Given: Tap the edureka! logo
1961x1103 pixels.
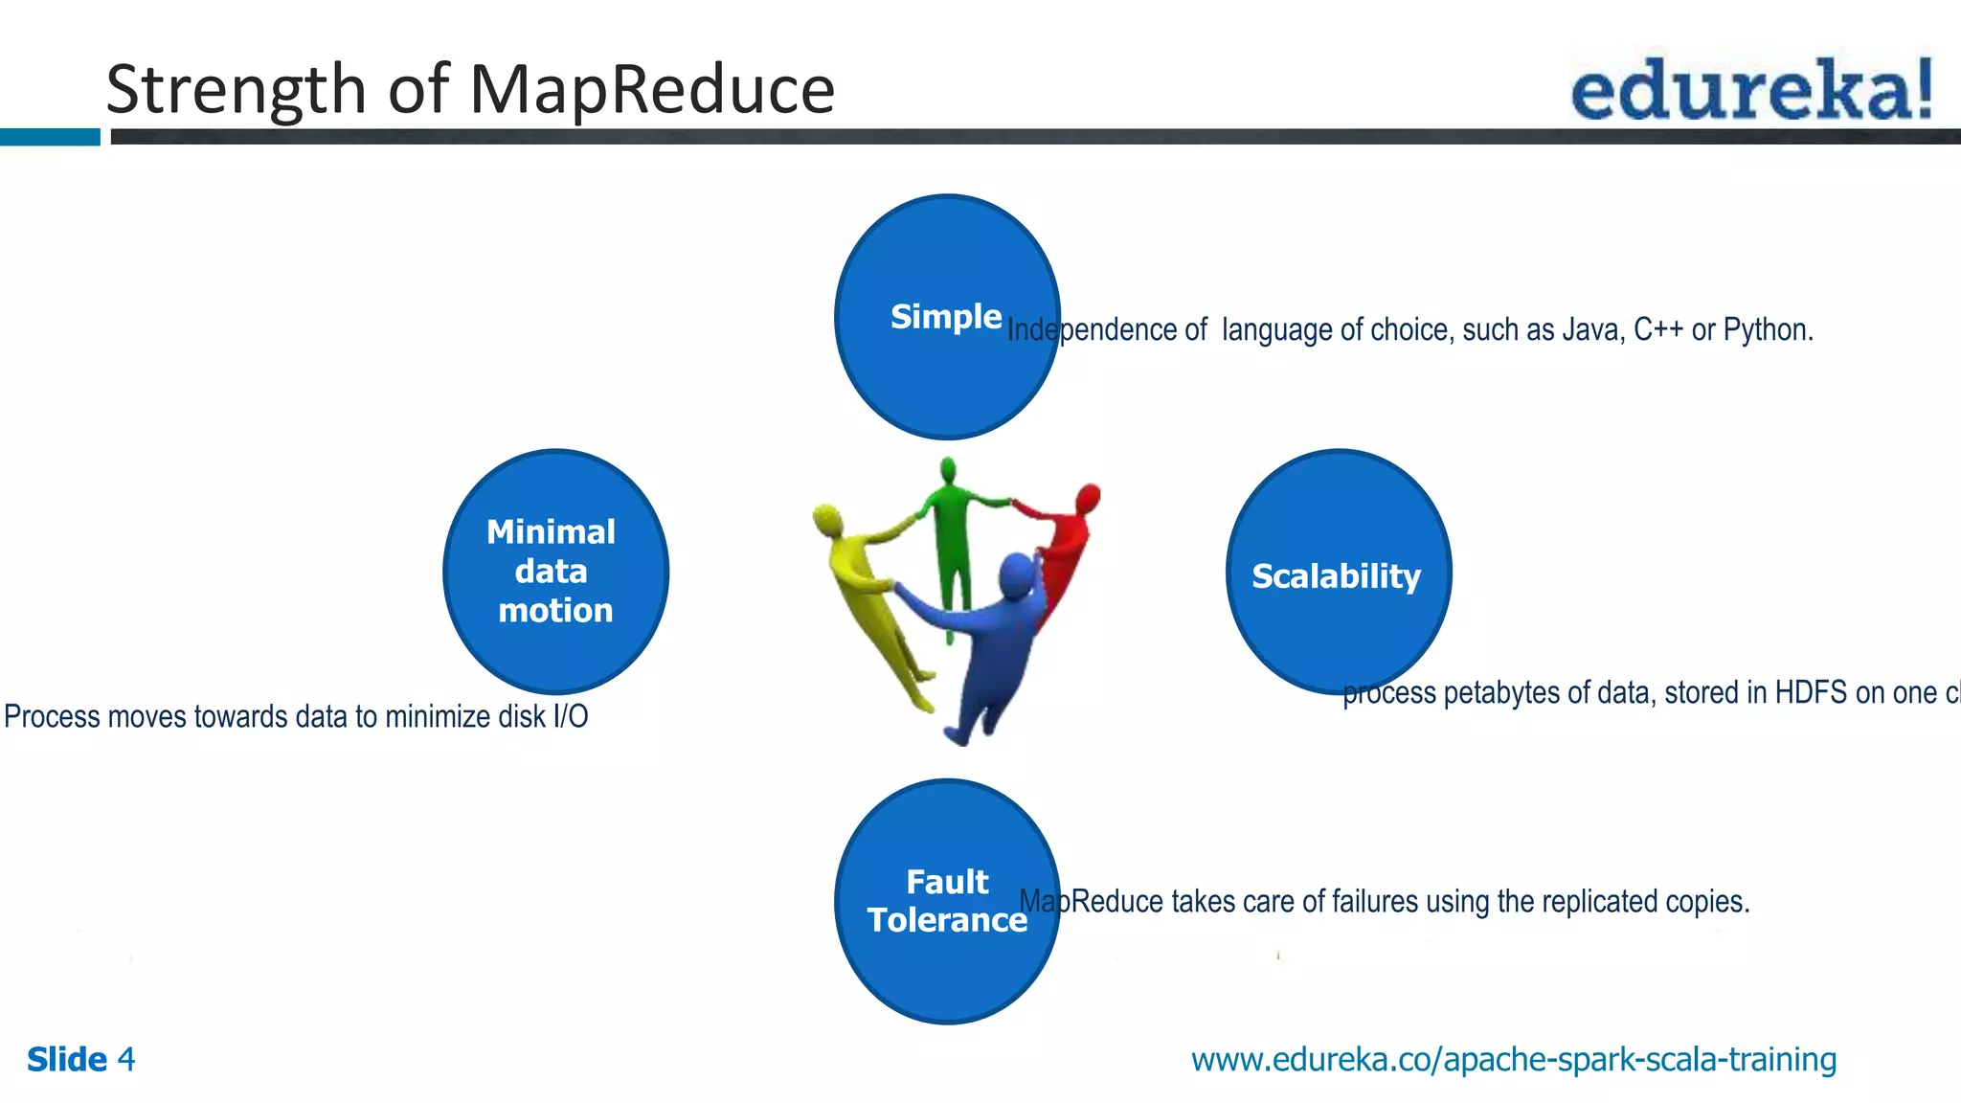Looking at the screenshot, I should [1752, 89].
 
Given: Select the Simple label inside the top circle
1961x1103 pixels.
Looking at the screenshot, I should [945, 316].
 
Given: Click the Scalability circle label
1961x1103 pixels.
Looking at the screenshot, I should [1337, 575].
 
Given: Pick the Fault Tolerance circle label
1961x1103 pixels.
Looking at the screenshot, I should [947, 900].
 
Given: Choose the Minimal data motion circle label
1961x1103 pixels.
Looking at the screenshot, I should [553, 571].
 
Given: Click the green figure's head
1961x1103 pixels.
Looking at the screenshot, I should [948, 470].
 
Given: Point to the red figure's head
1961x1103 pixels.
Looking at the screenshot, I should [1089, 497].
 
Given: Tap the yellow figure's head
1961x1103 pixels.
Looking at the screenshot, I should [826, 519].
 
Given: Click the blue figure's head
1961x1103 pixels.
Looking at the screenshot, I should [1016, 574].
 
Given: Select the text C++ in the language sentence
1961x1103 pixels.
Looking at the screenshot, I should [1658, 330].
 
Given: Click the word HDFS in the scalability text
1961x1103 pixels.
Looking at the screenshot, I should [1811, 692].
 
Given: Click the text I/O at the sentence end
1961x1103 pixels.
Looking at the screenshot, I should [570, 716].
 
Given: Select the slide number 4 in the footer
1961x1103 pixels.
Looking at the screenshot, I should [125, 1060].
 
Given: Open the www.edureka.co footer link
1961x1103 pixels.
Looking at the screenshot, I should [1513, 1060].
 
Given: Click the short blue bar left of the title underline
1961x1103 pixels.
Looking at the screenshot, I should [50, 137].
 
